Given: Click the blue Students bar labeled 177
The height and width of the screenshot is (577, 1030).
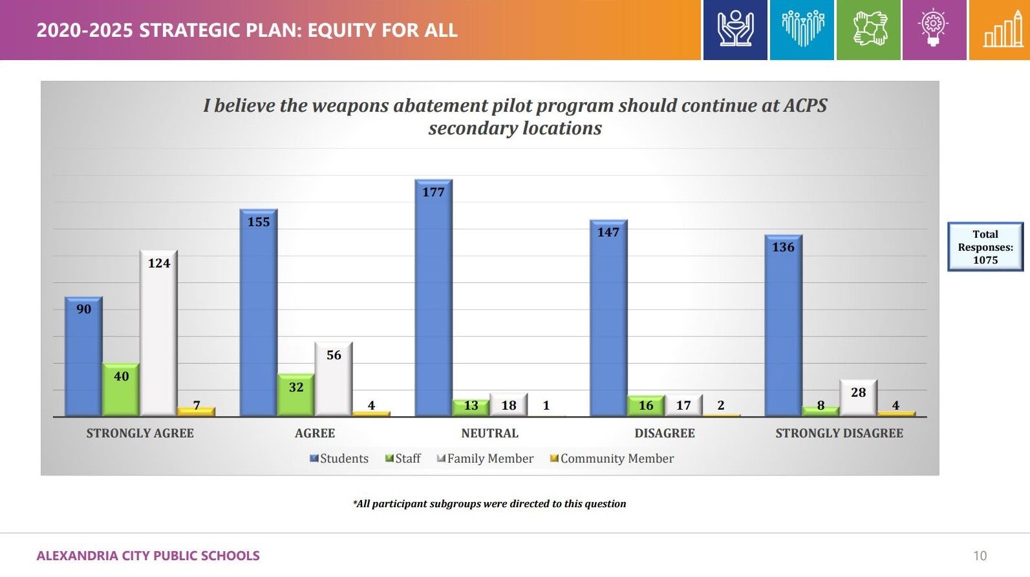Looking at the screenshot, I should [433, 297].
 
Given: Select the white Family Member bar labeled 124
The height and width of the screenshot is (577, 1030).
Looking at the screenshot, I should [158, 333].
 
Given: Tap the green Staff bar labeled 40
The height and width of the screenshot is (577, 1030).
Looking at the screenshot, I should [121, 390].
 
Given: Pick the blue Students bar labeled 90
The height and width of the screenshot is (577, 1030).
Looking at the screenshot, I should [83, 356].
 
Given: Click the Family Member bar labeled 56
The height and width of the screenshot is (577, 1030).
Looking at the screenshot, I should [334, 379].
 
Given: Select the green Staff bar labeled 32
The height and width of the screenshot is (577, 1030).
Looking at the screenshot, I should [296, 395].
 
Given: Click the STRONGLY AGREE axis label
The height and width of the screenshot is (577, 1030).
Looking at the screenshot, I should [140, 434].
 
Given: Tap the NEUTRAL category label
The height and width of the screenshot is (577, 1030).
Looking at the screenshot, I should [489, 434].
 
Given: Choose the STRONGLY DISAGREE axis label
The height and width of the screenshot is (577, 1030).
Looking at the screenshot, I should [839, 434].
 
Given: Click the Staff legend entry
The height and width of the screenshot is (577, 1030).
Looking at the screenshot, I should [403, 459].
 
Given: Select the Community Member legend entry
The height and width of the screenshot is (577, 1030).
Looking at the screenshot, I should [612, 459].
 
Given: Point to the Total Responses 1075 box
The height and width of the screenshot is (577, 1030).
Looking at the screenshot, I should [985, 247].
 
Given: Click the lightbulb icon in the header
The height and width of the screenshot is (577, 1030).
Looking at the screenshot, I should [933, 30].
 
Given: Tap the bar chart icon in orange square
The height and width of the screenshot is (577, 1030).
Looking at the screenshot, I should [1000, 30].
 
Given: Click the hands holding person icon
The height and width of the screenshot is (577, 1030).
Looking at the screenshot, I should [735, 30].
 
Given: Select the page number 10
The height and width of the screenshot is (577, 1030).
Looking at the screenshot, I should [980, 556].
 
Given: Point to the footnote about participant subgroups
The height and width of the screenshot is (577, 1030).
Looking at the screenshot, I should [489, 504].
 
